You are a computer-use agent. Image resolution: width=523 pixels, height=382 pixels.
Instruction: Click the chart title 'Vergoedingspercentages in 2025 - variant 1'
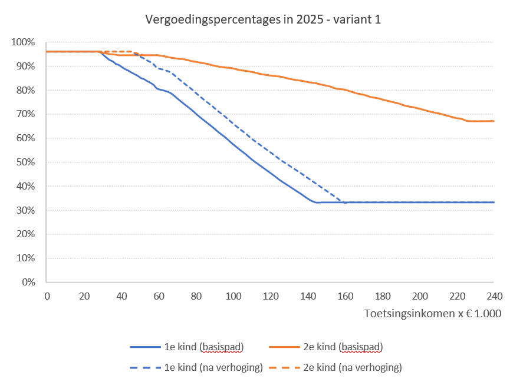(x=263, y=19)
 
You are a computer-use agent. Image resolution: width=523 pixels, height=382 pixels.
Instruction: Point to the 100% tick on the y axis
(x=24, y=42)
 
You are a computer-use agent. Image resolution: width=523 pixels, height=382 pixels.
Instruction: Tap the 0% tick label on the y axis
(x=28, y=282)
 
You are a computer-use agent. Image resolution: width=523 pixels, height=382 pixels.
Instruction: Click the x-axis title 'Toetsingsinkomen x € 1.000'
(x=432, y=313)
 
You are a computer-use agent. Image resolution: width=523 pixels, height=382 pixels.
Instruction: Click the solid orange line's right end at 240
(x=494, y=121)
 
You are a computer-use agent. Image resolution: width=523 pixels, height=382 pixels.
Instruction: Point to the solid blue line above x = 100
(x=233, y=144)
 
